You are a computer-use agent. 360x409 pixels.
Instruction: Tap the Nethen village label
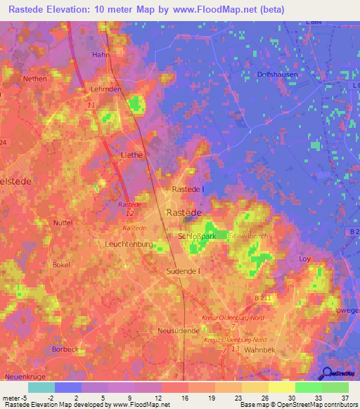pos(34,79)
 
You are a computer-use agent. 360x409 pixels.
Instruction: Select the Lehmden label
pos(106,90)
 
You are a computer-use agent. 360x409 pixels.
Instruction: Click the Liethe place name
pos(131,155)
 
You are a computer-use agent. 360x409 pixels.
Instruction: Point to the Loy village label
pos(304,259)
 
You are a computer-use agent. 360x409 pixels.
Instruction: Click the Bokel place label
pos(61,265)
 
